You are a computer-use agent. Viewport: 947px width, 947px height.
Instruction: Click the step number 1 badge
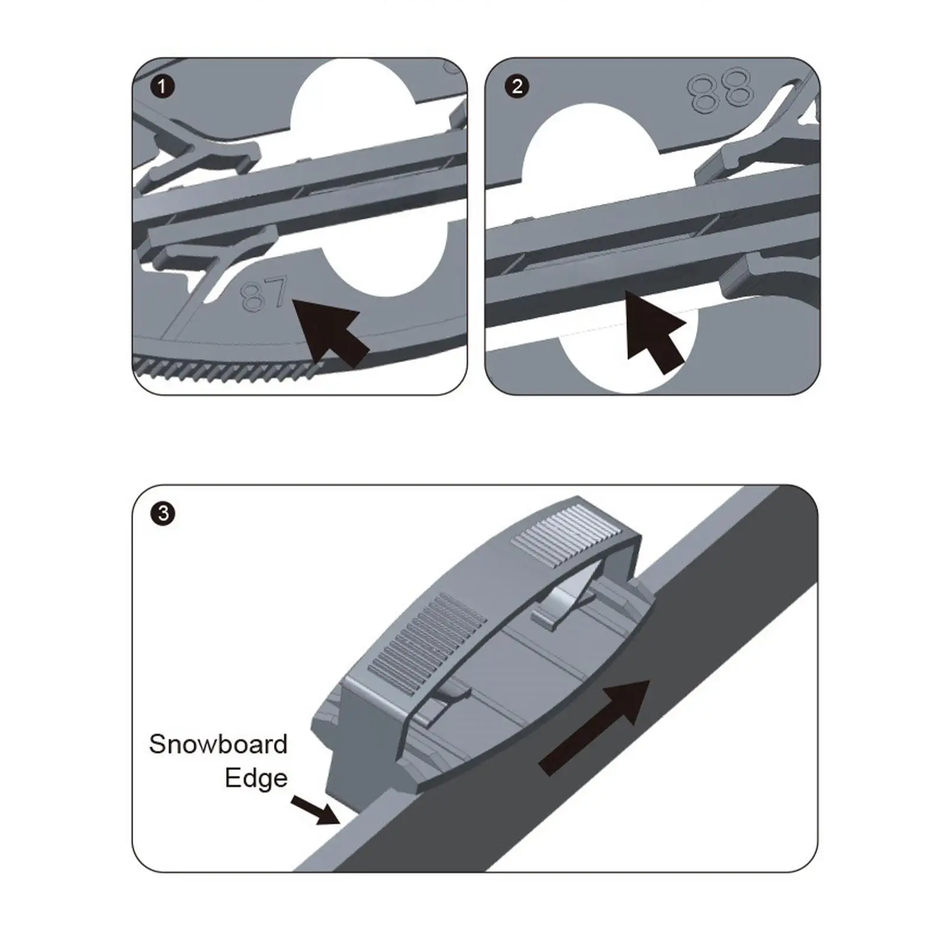tap(162, 87)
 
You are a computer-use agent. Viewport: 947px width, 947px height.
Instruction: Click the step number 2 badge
tap(517, 87)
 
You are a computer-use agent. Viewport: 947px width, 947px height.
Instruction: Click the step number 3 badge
tap(163, 513)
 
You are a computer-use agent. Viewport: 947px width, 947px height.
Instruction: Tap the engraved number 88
tap(720, 90)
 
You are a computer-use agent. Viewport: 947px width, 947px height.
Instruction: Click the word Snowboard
tap(218, 745)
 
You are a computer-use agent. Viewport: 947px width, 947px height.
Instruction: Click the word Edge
tap(256, 778)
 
